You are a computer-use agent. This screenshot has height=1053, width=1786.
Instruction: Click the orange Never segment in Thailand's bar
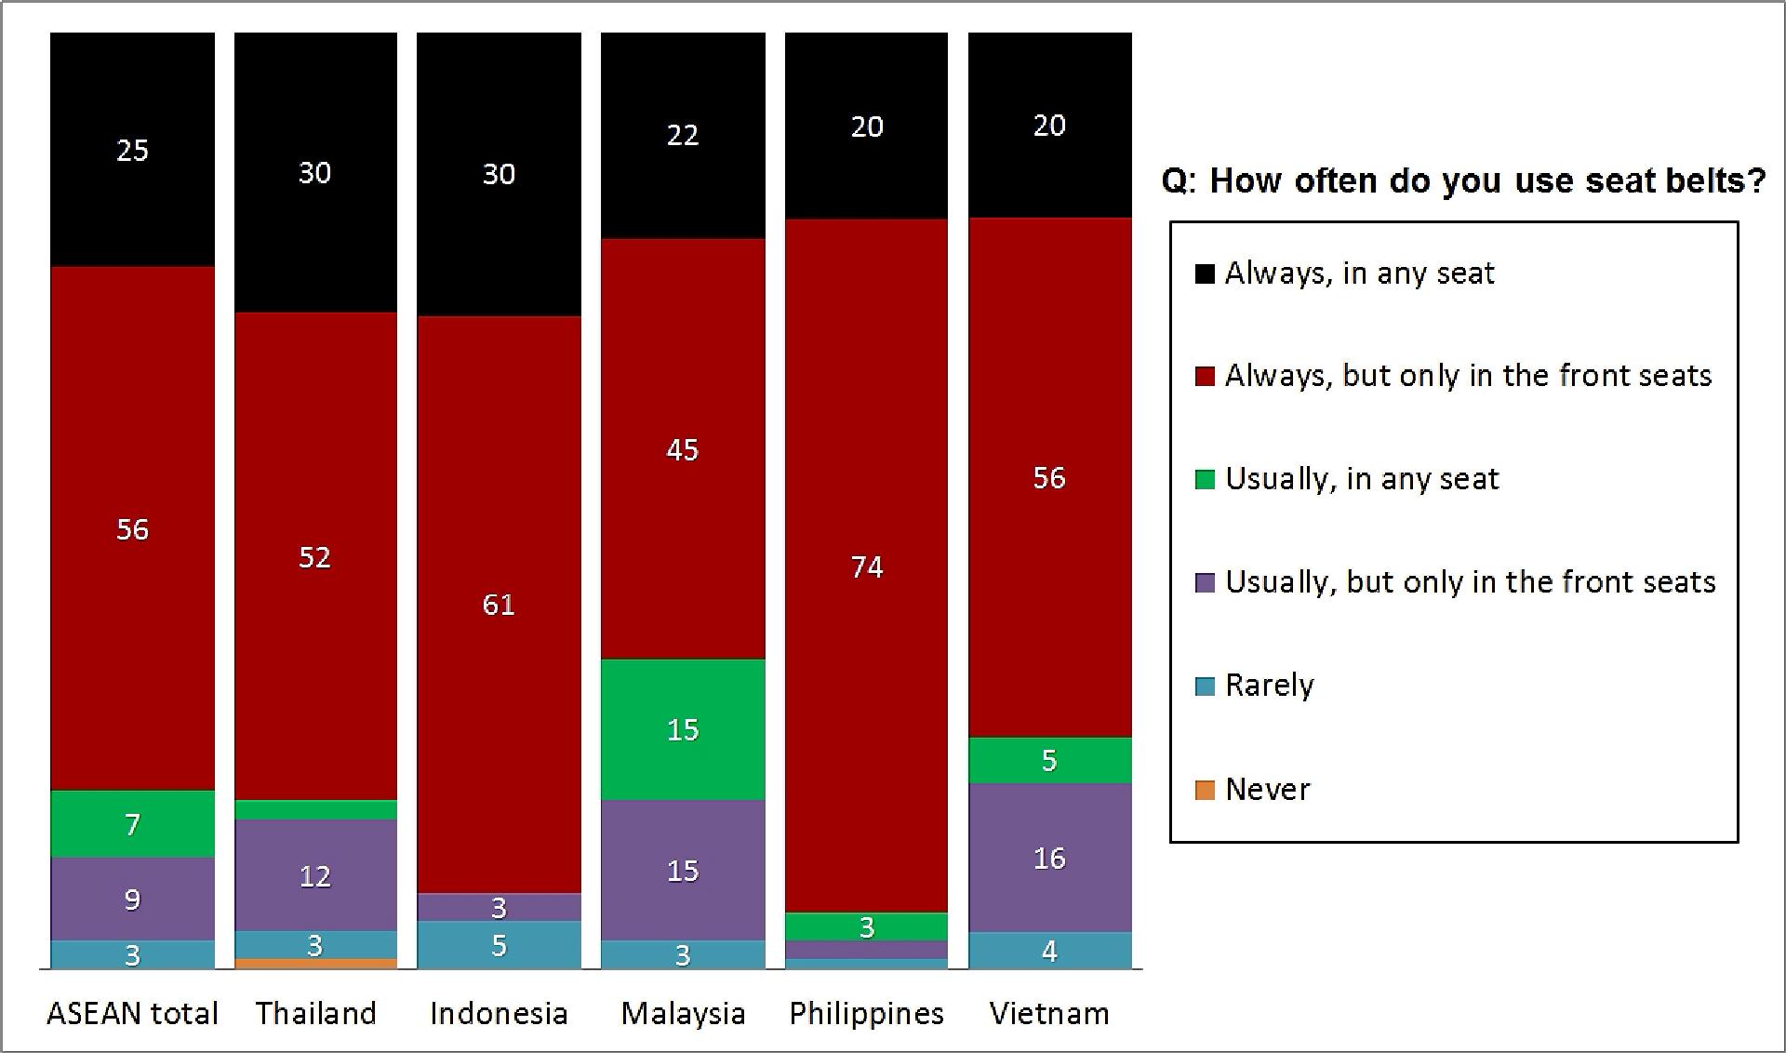click(x=315, y=964)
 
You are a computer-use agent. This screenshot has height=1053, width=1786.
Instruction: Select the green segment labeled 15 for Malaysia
click(x=683, y=729)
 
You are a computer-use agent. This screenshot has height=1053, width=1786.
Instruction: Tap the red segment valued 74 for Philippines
click(x=866, y=566)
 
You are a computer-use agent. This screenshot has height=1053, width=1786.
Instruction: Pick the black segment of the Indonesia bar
click(x=499, y=174)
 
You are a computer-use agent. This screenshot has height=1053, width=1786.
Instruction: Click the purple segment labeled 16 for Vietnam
click(x=1049, y=857)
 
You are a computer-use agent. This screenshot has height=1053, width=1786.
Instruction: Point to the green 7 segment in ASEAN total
click(x=132, y=823)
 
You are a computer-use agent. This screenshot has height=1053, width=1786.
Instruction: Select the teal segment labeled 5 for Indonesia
click(x=499, y=945)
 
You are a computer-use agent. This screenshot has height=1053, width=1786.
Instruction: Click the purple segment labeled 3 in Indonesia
click(x=499, y=907)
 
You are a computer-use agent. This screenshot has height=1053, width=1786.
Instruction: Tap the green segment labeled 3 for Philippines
click(x=866, y=926)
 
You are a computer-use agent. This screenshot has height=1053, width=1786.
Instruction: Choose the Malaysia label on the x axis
click(x=683, y=1013)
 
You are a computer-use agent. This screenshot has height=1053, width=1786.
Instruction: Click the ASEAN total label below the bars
click(x=132, y=1013)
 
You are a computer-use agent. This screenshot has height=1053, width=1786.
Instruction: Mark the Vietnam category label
click(x=1049, y=1013)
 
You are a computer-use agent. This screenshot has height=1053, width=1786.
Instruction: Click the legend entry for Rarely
click(x=1269, y=686)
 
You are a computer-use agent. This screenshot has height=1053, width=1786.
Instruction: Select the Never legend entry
click(x=1267, y=790)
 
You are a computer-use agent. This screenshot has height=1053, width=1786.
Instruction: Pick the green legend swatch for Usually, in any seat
click(x=1205, y=480)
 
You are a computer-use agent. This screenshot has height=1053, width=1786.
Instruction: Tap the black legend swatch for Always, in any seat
click(x=1205, y=273)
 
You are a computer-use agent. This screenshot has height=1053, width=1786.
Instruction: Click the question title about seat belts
click(x=1463, y=180)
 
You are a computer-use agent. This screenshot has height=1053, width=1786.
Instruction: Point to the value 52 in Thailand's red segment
click(x=314, y=557)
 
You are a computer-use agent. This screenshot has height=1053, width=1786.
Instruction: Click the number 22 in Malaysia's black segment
click(x=683, y=136)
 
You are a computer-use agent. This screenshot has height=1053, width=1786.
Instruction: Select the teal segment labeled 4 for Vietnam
click(x=1049, y=951)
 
